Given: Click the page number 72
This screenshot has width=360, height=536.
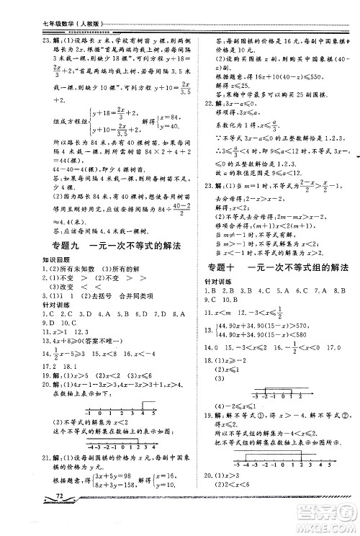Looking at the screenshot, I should [57, 517].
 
